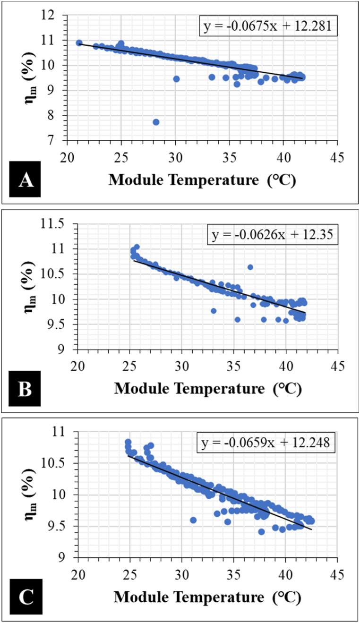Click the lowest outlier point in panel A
(156, 122)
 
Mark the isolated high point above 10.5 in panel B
(250, 267)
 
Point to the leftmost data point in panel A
(79, 43)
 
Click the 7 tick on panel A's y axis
(61, 140)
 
